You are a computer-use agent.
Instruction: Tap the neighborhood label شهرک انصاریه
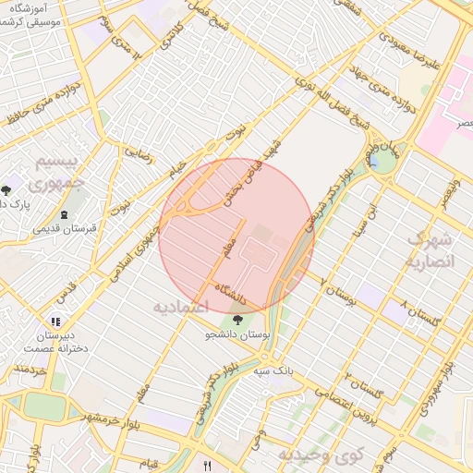431,250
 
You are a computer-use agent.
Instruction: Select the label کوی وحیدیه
321,455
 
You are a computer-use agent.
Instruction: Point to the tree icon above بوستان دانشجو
238,321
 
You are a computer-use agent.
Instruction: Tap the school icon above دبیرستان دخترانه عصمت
56,321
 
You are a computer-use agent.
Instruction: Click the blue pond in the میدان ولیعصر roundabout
380,163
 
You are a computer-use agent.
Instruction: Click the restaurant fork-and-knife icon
208,467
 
